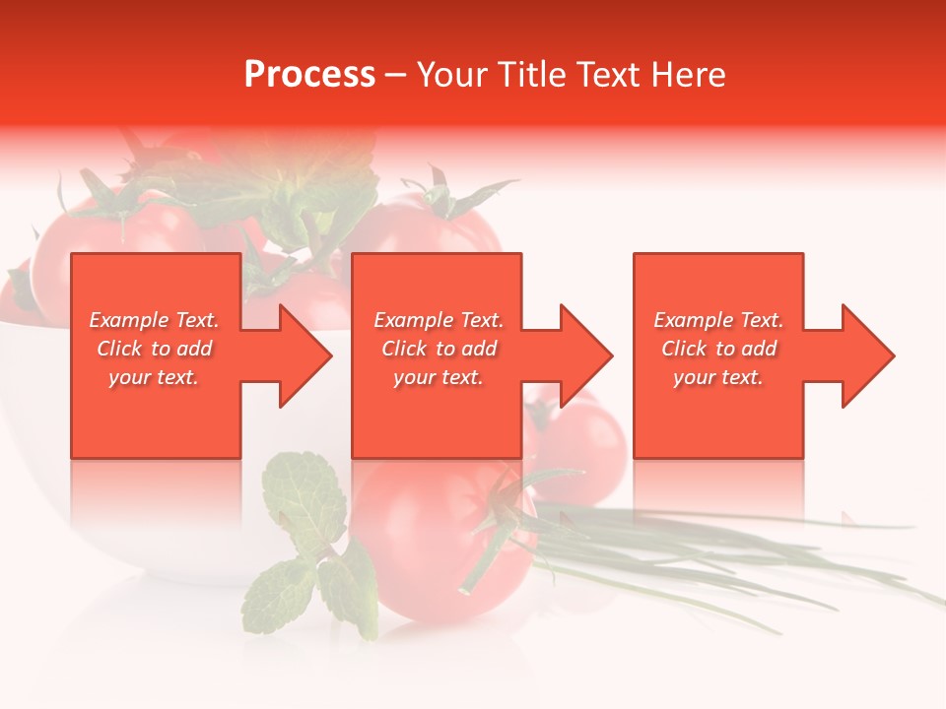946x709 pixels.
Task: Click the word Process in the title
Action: click(x=309, y=75)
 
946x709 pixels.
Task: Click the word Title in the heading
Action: click(x=533, y=75)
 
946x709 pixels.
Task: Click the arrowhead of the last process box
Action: click(x=866, y=355)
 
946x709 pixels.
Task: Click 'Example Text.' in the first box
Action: click(x=154, y=320)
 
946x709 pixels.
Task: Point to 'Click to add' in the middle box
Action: click(x=439, y=349)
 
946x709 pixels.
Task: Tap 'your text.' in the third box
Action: click(x=718, y=377)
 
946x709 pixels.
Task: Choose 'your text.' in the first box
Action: click(x=154, y=377)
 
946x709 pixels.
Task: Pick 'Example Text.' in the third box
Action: click(x=718, y=320)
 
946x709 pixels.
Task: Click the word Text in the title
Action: click(x=610, y=75)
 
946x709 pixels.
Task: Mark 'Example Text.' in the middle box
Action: click(x=439, y=320)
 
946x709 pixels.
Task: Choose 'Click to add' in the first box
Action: click(x=154, y=349)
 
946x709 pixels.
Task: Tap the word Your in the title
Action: click(x=454, y=75)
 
